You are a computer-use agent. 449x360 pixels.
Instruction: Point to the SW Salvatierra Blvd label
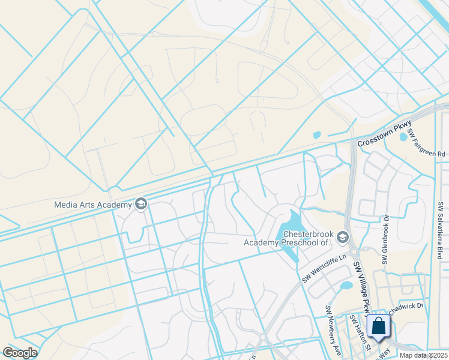coord(441,230)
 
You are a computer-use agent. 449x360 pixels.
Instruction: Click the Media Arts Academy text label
coord(92,204)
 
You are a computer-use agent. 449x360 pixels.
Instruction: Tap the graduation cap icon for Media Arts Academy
coord(141,204)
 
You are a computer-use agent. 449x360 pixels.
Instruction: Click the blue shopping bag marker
coord(379,328)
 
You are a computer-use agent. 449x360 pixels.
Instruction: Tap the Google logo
coord(20,353)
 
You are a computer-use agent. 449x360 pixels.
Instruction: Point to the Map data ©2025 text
coord(423,355)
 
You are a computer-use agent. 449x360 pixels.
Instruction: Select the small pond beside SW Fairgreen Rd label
coord(403,137)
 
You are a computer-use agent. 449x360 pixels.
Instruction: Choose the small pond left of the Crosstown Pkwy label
coord(317,135)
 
